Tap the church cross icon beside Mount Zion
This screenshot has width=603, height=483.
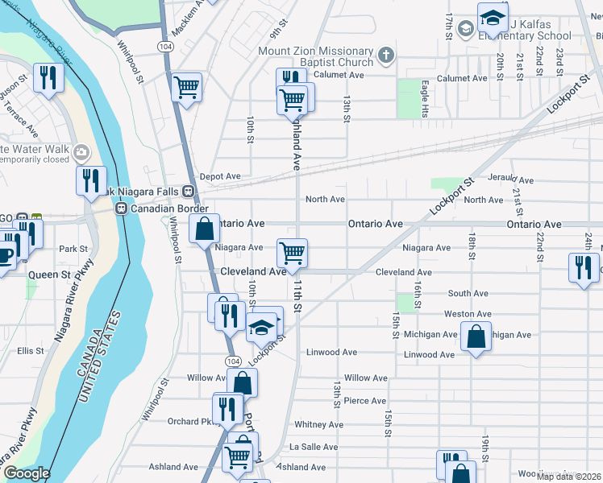pyautogui.click(x=386, y=56)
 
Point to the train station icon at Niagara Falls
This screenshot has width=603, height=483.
pyautogui.click(x=188, y=192)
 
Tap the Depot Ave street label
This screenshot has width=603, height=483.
pyautogui.click(x=220, y=176)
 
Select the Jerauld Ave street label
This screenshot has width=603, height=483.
pyautogui.click(x=510, y=180)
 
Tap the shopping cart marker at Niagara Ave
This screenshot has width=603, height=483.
pyautogui.click(x=292, y=252)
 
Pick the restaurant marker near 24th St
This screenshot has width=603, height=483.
pyautogui.click(x=584, y=266)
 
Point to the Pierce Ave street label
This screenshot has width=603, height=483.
pyautogui.click(x=365, y=401)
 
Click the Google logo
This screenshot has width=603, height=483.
pyautogui.click(x=26, y=473)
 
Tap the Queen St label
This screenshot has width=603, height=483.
pyautogui.click(x=50, y=274)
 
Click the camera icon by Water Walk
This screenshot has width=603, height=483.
pyautogui.click(x=81, y=152)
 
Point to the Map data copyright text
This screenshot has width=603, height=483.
pyautogui.click(x=569, y=475)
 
